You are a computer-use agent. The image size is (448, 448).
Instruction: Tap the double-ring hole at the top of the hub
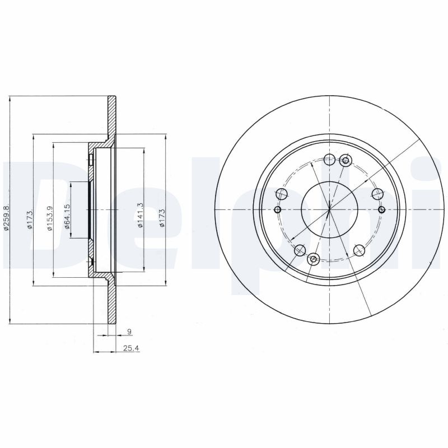tap(346, 161)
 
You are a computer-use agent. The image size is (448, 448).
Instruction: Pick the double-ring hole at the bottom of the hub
tap(314, 258)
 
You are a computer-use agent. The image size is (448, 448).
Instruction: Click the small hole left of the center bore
tap(277, 210)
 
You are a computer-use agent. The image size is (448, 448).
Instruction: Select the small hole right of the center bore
tap(381, 209)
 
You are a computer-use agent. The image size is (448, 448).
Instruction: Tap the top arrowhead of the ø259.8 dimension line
tap(11, 100)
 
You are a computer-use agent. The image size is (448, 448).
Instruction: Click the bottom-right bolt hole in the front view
tap(358, 251)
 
